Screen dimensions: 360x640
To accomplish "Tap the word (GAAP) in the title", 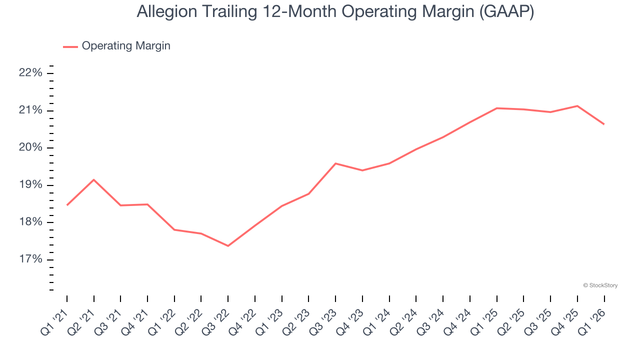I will (x=506, y=12).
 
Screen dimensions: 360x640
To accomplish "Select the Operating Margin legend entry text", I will (x=126, y=46).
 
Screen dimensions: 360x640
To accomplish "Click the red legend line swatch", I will (x=70, y=46).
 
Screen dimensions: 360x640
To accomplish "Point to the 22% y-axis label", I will (x=30, y=73).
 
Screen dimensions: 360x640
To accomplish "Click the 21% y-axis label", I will (x=30, y=110).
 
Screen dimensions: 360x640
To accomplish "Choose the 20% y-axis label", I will (x=30, y=148).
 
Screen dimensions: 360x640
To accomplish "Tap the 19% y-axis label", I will (x=30, y=185).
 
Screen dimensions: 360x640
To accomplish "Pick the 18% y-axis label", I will (x=30, y=222).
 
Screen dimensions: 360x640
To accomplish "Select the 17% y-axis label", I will (x=30, y=259).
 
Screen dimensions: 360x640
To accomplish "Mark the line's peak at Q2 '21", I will (x=94, y=179).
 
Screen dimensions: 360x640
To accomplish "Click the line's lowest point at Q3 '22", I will (x=228, y=246).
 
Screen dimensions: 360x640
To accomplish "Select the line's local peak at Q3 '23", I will (x=335, y=163).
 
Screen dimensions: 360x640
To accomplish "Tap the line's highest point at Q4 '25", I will (x=577, y=106).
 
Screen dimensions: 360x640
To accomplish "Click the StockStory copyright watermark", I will (x=600, y=285).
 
